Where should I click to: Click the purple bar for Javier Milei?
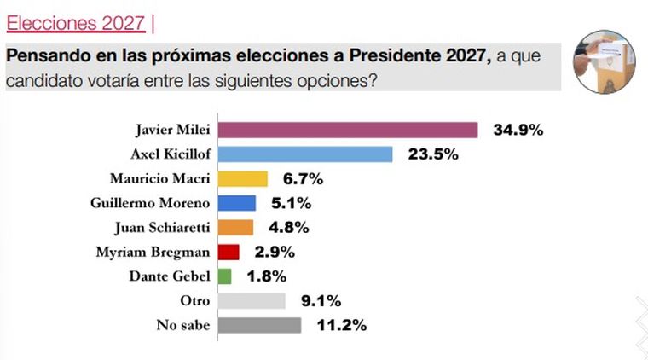(348, 130)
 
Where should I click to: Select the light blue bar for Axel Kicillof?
(305, 154)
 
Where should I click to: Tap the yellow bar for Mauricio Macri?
(243, 179)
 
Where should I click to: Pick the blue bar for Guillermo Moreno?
(237, 203)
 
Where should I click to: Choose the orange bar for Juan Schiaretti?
(236, 228)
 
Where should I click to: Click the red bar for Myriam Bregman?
(229, 252)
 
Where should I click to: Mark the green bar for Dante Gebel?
(225, 276)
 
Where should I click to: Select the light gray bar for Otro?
(252, 301)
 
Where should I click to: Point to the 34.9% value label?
(518, 131)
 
